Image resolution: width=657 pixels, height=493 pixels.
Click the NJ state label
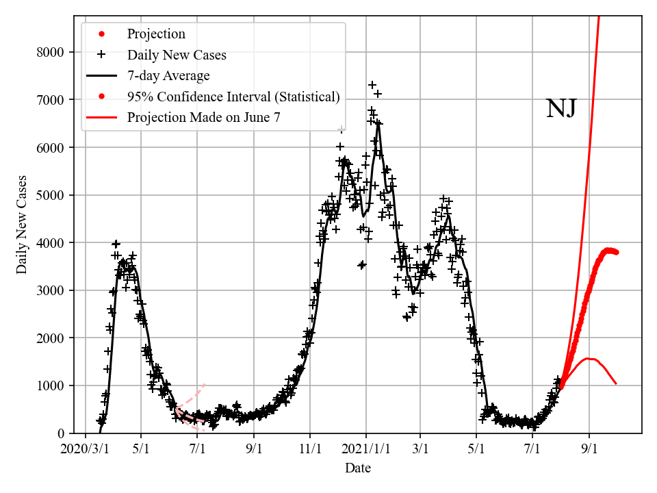coord(561,108)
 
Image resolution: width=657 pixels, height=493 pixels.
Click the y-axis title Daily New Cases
coord(22,224)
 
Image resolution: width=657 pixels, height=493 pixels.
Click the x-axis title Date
coord(358,468)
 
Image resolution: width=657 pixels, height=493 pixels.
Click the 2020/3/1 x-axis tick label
coord(86,449)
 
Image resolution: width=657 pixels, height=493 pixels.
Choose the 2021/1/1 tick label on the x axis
coord(366,449)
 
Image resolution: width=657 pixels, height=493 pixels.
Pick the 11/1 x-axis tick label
coord(310,449)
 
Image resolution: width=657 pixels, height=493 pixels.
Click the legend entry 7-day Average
coord(168,75)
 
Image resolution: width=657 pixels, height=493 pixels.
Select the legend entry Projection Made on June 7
coord(203,118)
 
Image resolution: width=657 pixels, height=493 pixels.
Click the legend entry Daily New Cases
coord(177,54)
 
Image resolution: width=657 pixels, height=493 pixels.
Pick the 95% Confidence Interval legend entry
coord(233,97)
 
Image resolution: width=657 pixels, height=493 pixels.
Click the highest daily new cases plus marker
coord(372,85)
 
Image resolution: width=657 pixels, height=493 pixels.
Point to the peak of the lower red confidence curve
coord(589,358)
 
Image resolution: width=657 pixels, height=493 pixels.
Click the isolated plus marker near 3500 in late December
coord(362,264)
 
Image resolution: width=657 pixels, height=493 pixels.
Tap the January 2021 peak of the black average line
coord(378,123)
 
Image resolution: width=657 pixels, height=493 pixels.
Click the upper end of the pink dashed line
coord(204,384)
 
